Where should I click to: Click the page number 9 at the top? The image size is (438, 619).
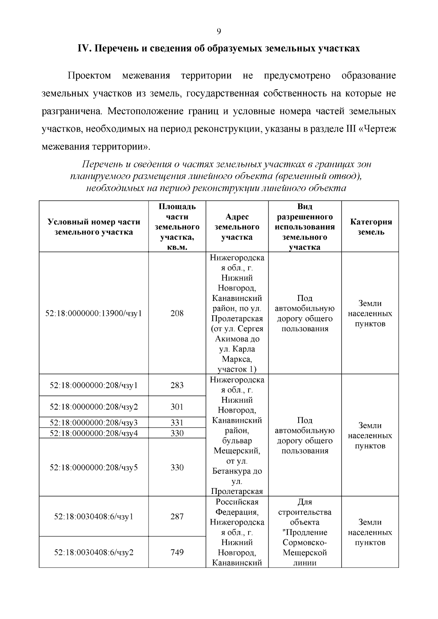[x=219, y=31]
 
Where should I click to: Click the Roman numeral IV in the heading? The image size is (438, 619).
[x=85, y=49]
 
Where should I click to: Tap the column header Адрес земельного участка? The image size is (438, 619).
[x=237, y=227]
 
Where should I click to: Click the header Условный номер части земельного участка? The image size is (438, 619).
[x=94, y=227]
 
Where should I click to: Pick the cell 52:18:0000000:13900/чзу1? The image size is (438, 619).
[x=94, y=313]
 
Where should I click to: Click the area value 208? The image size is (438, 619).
[x=177, y=313]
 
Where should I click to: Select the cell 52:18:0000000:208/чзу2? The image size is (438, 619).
[x=94, y=407]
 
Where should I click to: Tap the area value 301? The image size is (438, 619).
[x=177, y=407]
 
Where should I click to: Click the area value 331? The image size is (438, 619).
[x=177, y=423]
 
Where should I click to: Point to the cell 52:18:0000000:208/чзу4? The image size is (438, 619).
[x=94, y=433]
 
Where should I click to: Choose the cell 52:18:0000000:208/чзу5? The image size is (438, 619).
[x=94, y=468]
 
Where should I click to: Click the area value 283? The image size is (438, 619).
[x=177, y=386]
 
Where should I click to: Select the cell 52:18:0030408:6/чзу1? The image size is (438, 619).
[x=94, y=517]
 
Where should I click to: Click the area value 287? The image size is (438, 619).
[x=177, y=517]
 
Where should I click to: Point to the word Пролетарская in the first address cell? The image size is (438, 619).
[x=237, y=319]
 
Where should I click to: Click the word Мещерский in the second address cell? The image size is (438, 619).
[x=237, y=451]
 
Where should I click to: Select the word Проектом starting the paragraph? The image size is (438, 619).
[x=89, y=76]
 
